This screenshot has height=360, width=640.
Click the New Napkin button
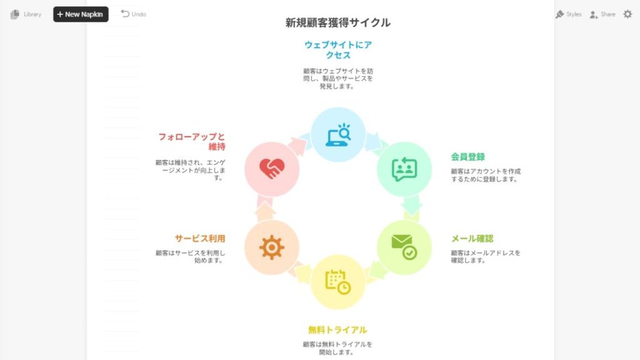(81, 14)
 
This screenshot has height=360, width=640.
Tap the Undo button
(134, 14)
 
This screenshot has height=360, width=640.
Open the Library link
(26, 14)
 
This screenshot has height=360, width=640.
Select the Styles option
(569, 14)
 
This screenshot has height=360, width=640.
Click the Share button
(602, 14)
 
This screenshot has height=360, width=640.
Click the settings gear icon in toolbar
(627, 14)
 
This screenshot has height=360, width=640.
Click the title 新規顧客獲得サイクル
(338, 22)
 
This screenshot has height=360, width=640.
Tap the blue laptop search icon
(338, 135)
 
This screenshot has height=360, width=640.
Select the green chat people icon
(404, 169)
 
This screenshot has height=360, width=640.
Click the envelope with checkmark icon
(404, 247)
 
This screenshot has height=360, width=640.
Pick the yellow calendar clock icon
(338, 282)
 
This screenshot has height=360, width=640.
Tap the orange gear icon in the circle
(271, 247)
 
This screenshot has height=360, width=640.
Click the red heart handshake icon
(272, 169)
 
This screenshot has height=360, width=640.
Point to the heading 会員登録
(467, 157)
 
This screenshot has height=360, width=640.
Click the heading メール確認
(472, 238)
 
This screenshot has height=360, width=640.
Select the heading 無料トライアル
(337, 330)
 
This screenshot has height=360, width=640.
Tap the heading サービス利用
(200, 238)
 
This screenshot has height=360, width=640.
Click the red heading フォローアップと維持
(191, 142)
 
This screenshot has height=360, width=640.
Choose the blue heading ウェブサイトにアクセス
(338, 50)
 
